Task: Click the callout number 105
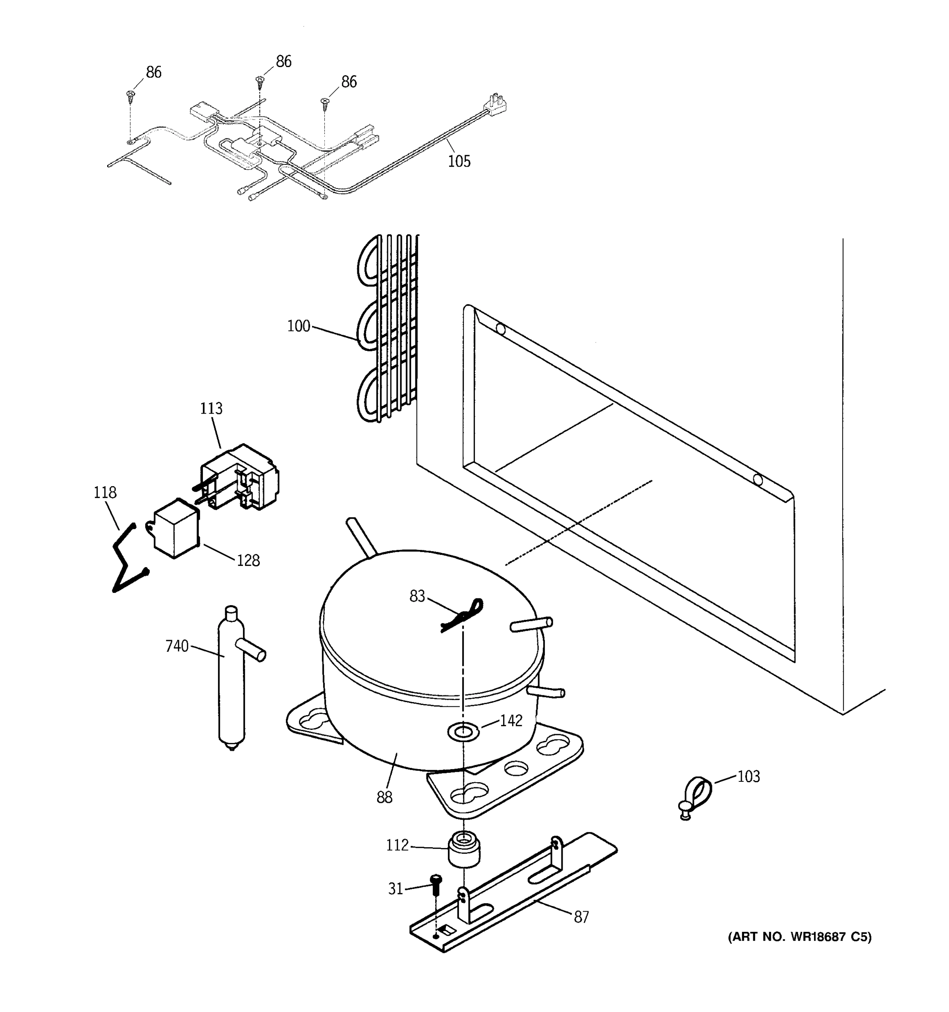[459, 161]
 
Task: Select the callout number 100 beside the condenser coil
[298, 326]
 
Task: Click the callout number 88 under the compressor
[384, 797]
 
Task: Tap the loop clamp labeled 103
[696, 797]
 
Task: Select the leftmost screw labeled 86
[130, 96]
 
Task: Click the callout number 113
[211, 408]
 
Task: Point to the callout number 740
[177, 646]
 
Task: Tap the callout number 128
[248, 560]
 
